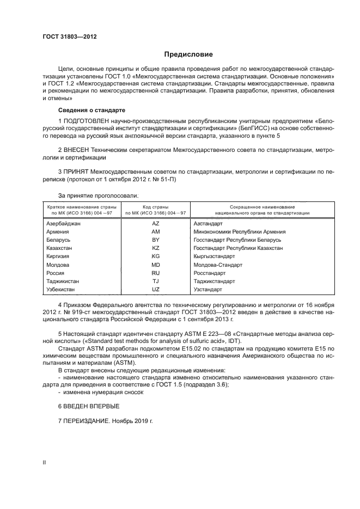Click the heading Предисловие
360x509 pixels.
pos(189,54)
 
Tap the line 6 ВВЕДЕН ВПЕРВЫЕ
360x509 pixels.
pos(88,406)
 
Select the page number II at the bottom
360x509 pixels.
pos(45,462)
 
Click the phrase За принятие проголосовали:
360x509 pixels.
pos(98,195)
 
